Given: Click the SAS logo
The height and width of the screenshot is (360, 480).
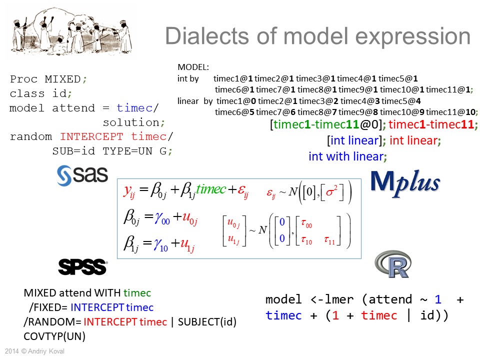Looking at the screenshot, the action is click(x=82, y=175).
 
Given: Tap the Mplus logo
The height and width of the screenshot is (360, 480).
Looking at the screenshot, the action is click(x=405, y=183).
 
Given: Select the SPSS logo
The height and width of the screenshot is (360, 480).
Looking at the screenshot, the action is click(x=82, y=266).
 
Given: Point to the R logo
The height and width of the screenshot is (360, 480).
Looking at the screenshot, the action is click(x=393, y=264).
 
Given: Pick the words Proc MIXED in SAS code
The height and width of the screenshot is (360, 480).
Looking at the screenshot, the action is click(x=45, y=79).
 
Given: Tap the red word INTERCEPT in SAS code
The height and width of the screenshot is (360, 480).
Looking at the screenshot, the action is click(x=91, y=136).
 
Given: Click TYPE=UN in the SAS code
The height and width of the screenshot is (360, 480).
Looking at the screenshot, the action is click(x=127, y=151).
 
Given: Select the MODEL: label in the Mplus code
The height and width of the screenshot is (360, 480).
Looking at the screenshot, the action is click(x=193, y=67).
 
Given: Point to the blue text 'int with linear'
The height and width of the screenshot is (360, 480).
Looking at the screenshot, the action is click(x=346, y=156).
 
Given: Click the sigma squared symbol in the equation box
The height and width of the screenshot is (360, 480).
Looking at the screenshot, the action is click(x=331, y=191).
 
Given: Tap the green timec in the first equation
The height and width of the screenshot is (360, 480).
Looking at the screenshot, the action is click(x=211, y=189).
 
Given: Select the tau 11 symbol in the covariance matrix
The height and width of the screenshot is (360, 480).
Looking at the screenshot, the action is click(x=329, y=240).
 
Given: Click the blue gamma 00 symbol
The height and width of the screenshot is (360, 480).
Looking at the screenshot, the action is click(x=162, y=218).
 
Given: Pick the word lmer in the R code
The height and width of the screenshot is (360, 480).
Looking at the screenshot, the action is click(x=339, y=299).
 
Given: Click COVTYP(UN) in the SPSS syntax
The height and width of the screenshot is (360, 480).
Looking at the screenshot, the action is click(x=54, y=336).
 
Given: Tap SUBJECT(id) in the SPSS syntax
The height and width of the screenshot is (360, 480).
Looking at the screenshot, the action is click(x=207, y=321).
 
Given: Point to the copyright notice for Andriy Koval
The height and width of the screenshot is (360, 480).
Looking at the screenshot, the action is click(x=34, y=351).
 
